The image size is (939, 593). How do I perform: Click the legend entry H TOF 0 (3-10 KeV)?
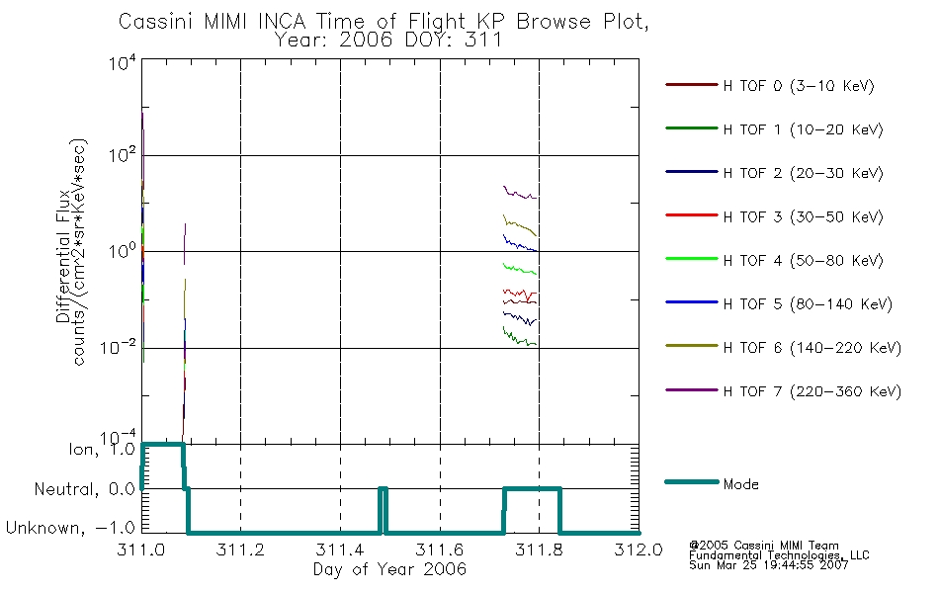pos(799,86)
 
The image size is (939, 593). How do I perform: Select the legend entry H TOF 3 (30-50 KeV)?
pos(803,216)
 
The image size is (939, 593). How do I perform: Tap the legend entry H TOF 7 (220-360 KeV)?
pos(812,391)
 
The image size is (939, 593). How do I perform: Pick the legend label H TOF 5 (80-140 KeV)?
pos(808,304)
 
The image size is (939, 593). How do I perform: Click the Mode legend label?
pos(740,484)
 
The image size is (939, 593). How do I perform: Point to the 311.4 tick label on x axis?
pos(340,550)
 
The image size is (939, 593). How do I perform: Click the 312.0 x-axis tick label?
pos(639,550)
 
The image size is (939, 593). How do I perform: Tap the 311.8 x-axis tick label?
pos(539,550)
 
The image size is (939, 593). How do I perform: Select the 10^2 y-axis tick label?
pos(123,154)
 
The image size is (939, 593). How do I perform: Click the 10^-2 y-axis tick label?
pos(119,346)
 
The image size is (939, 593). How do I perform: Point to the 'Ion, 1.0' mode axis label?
pos(101,450)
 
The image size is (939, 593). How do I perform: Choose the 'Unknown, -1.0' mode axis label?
pos(70,528)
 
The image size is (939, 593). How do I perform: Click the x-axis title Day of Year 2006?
pos(389,569)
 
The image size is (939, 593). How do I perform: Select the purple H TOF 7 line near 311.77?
pos(520,193)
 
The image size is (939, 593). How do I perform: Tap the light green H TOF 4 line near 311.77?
pos(520,269)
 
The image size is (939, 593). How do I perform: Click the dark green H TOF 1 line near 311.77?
pos(520,338)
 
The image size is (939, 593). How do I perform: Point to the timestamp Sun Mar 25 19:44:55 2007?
pos(768,565)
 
